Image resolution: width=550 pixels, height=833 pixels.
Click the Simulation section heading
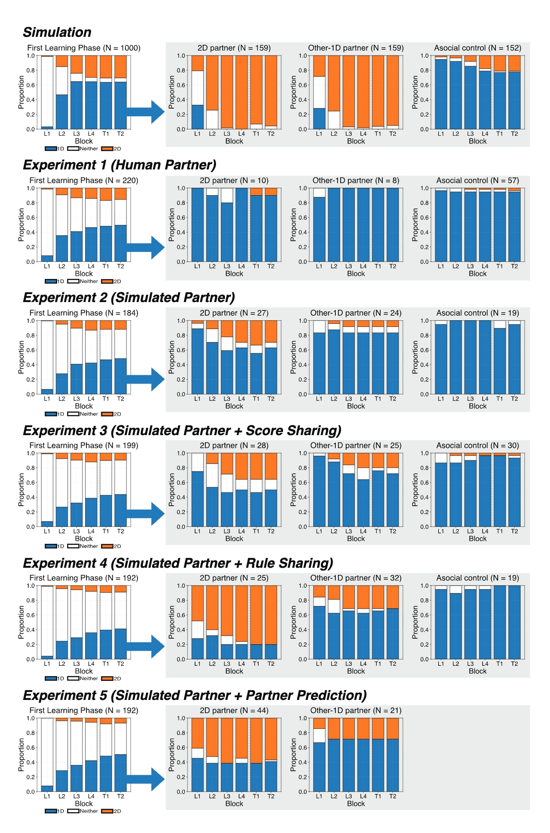57,32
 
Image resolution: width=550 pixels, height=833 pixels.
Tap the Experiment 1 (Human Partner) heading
119,165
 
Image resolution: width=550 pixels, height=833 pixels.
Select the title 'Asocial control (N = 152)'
477,48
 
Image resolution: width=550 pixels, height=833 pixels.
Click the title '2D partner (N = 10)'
234,181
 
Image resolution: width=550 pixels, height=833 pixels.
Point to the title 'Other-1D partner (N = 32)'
356,578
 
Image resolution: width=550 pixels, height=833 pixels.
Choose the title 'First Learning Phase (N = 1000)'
84,48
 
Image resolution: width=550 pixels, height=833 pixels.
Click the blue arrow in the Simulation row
145,111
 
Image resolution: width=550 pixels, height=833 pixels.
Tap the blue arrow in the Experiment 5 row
145,779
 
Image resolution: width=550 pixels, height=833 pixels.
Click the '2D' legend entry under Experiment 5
111,811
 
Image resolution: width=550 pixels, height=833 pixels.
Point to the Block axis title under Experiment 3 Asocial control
477,538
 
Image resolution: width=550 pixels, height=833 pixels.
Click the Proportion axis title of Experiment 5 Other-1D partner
293,754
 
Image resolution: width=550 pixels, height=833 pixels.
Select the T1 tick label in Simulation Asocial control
499,134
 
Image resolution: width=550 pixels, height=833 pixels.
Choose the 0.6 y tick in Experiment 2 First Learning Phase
31,350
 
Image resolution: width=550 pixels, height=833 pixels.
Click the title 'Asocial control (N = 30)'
477,445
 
